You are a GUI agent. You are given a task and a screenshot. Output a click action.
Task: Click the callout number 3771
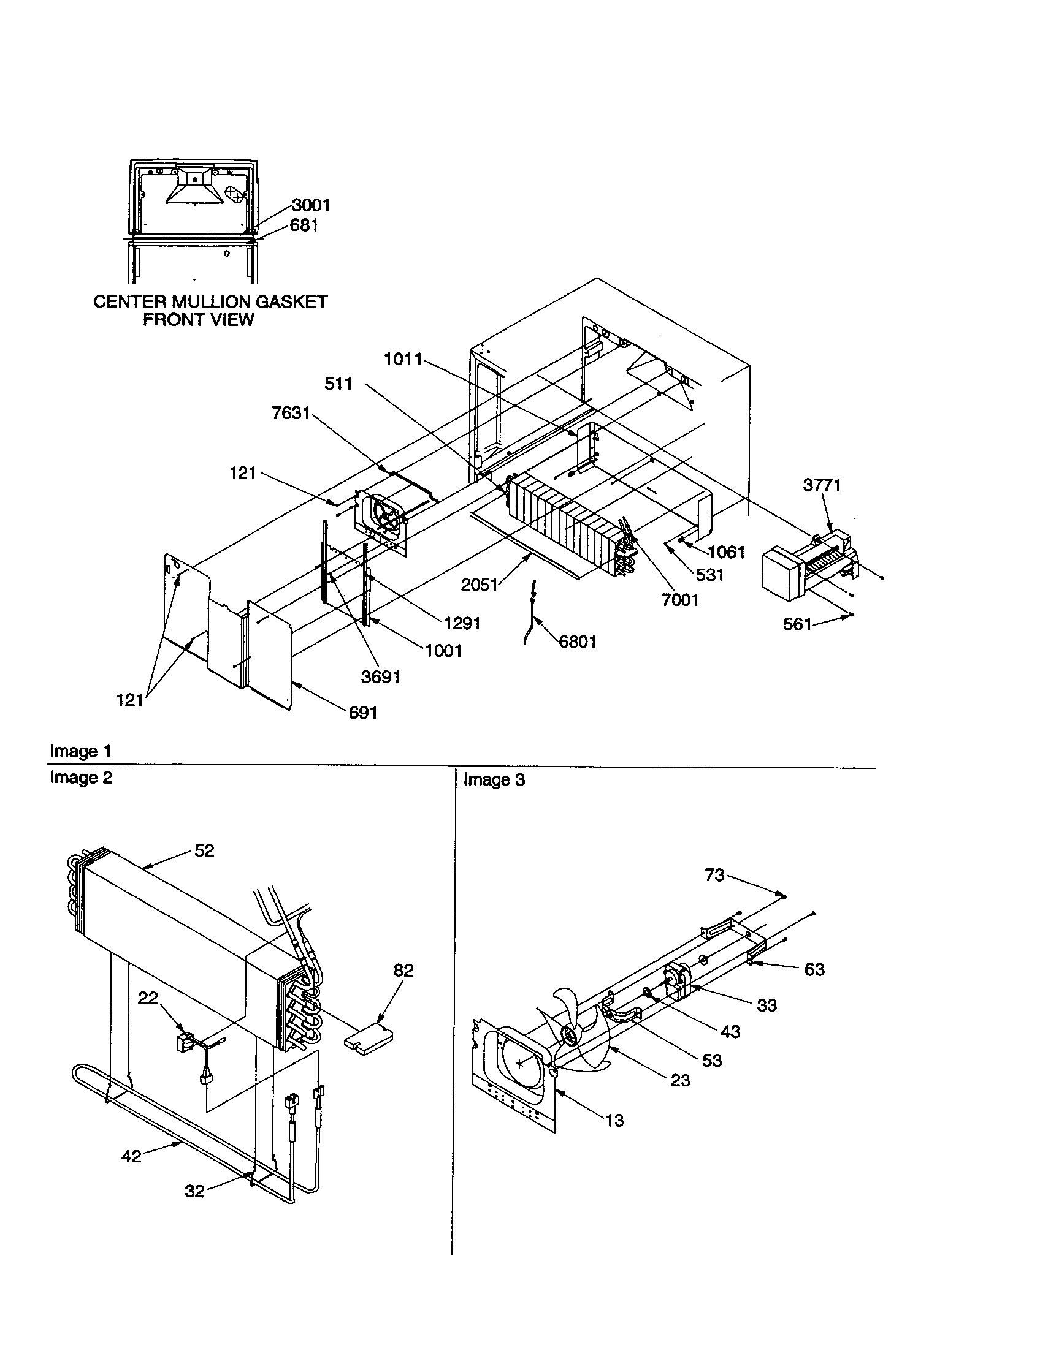pyautogui.click(x=821, y=485)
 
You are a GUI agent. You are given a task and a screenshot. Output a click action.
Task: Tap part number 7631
pyautogui.click(x=291, y=413)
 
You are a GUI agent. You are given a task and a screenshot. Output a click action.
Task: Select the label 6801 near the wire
pyautogui.click(x=578, y=642)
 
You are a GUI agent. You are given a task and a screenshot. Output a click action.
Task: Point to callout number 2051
pyautogui.click(x=480, y=585)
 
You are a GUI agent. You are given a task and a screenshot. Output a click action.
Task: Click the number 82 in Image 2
pyautogui.click(x=403, y=971)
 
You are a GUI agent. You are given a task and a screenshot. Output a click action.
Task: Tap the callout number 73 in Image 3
pyautogui.click(x=714, y=875)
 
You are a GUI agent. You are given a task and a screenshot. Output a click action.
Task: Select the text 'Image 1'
pyautogui.click(x=80, y=751)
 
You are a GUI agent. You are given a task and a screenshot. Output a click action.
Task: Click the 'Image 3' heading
pyautogui.click(x=494, y=780)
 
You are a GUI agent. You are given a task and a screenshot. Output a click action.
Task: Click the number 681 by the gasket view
pyautogui.click(x=304, y=225)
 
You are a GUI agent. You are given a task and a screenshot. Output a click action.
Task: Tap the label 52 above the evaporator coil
pyautogui.click(x=204, y=850)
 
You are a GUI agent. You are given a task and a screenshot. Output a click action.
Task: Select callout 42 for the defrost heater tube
pyautogui.click(x=132, y=1156)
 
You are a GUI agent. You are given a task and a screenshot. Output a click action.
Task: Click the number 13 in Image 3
pyautogui.click(x=614, y=1120)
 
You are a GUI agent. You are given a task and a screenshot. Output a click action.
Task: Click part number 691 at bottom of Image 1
pyautogui.click(x=362, y=713)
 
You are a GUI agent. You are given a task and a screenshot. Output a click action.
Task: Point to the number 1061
pyautogui.click(x=726, y=552)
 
